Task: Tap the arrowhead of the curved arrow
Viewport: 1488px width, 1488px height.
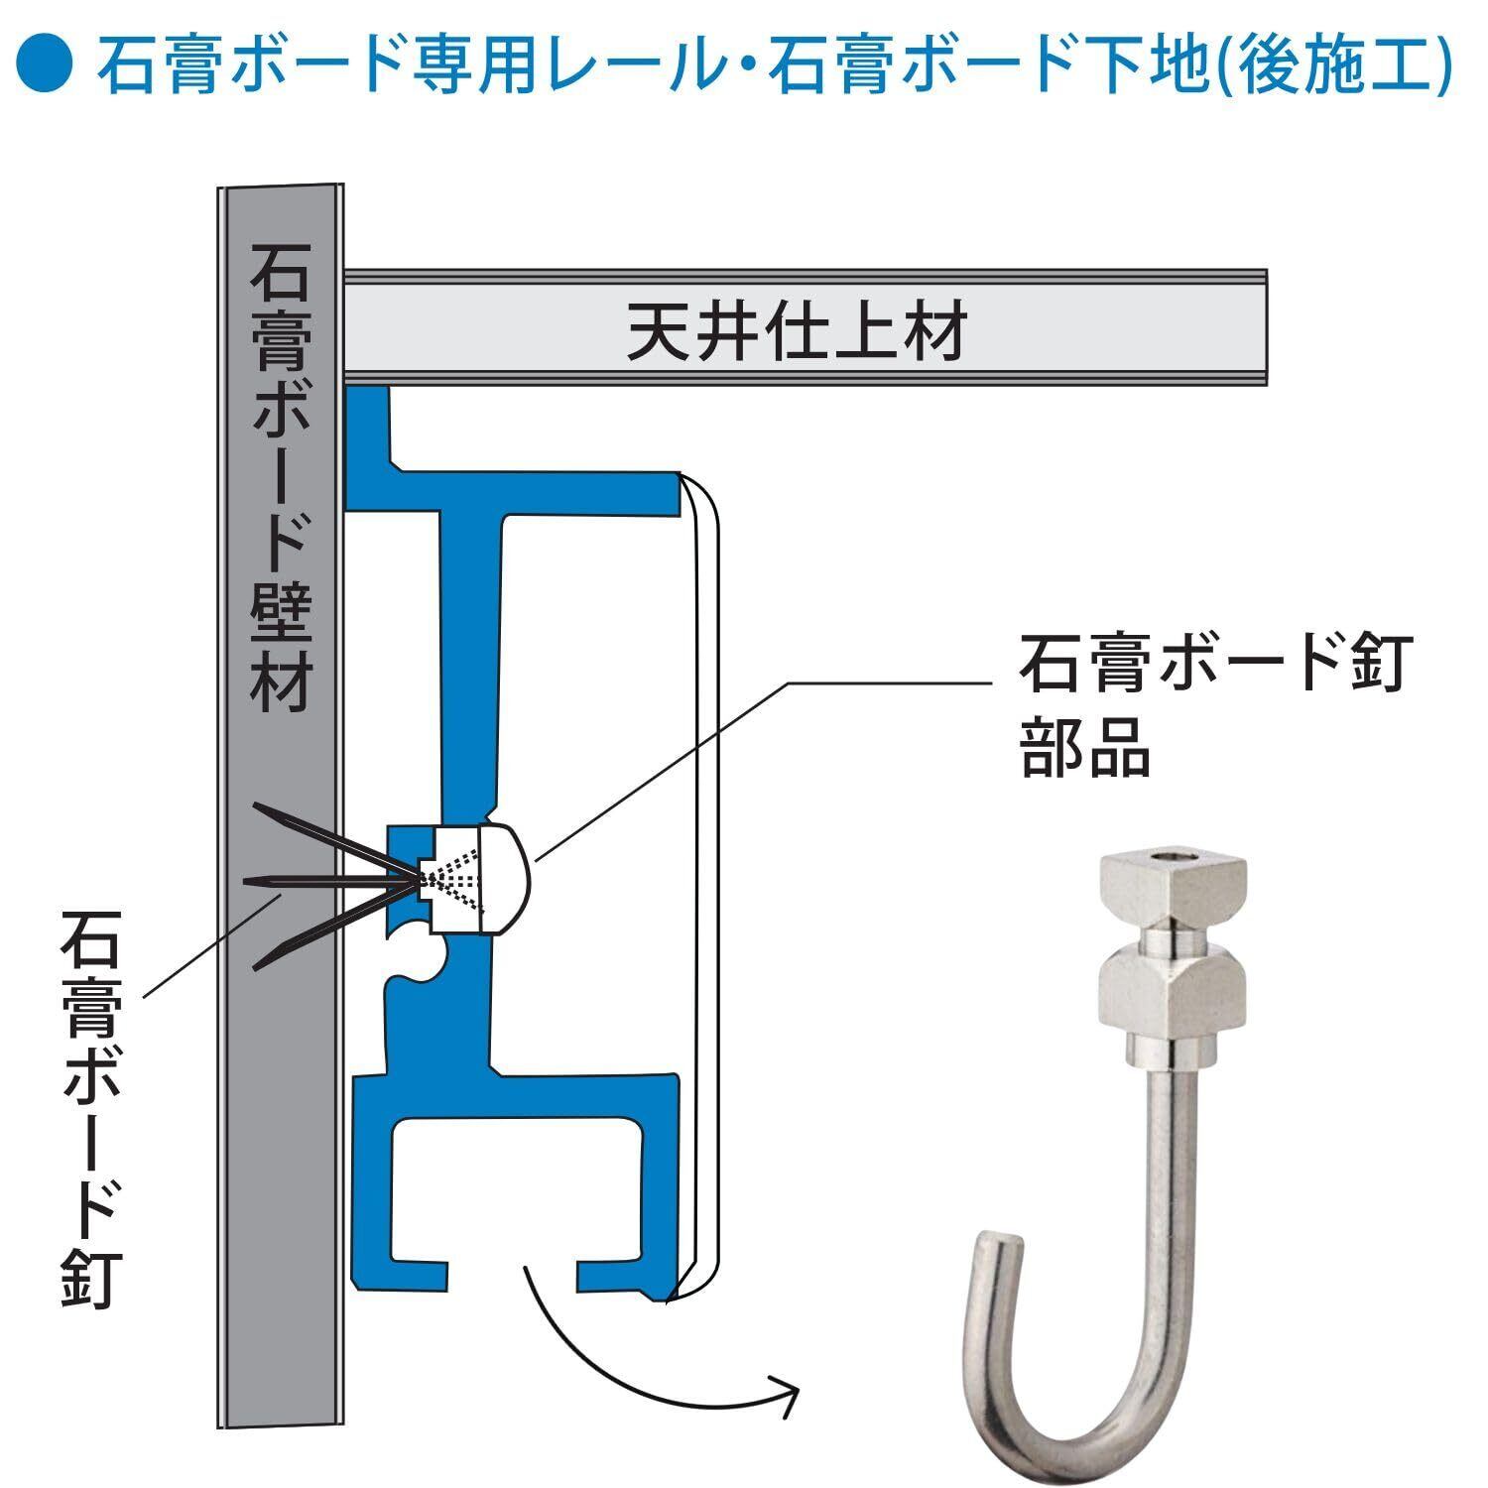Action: coord(788,1383)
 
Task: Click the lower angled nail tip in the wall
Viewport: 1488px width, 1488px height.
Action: coord(262,963)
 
